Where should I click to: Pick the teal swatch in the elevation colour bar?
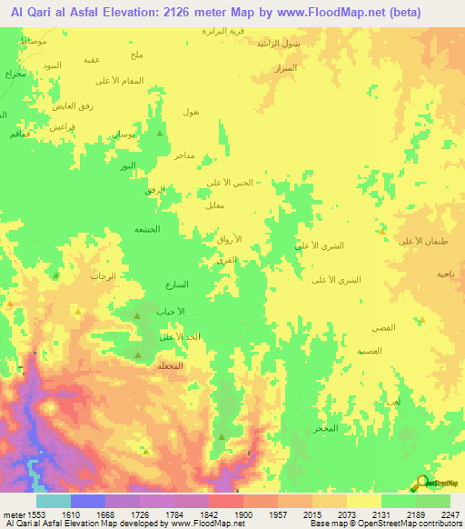point(54,501)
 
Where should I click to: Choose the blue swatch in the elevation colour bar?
point(88,501)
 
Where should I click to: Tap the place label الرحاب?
point(101,274)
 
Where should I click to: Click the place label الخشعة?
point(149,229)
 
